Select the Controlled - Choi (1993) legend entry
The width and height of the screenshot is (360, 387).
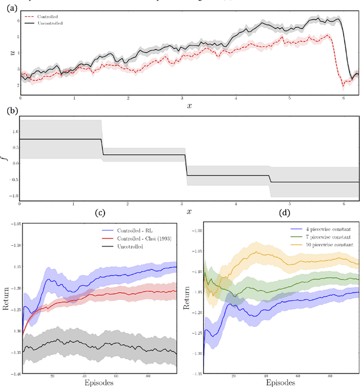(x=143, y=239)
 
